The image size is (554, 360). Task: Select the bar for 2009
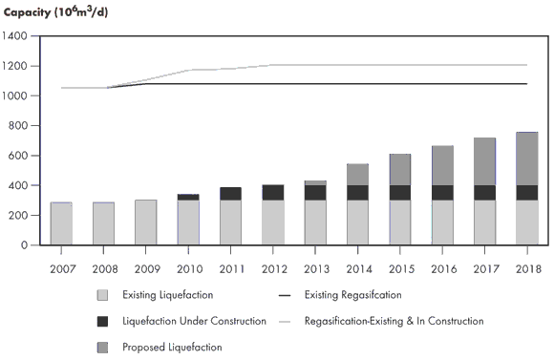click(146, 222)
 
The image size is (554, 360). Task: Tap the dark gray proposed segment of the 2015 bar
click(400, 170)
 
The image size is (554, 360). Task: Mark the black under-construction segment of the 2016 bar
click(442, 193)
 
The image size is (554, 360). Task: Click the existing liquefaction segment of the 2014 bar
click(358, 222)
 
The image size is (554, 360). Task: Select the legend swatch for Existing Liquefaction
click(102, 295)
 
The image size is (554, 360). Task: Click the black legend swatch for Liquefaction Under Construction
click(102, 321)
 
